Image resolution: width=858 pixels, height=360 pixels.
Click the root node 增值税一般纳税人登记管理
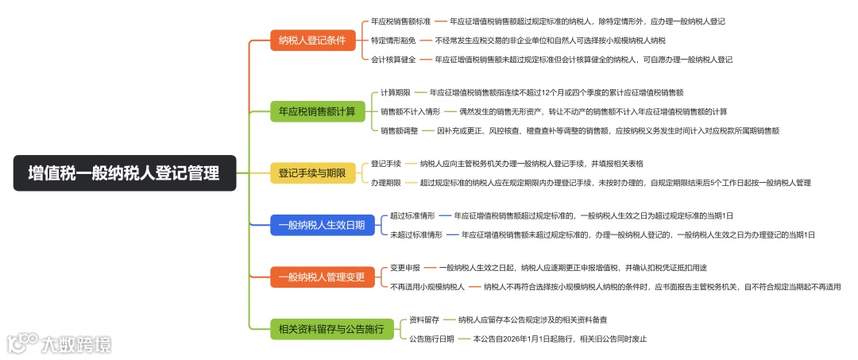point(125,172)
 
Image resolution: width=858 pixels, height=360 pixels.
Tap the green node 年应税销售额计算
point(317,111)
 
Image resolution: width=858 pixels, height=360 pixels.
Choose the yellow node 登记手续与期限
point(312,172)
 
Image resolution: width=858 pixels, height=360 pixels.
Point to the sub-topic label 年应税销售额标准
point(400,21)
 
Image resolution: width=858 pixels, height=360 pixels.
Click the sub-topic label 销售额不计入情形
point(410,111)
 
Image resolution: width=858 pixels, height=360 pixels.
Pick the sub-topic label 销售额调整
point(399,130)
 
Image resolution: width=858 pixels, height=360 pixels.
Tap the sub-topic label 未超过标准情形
point(416,234)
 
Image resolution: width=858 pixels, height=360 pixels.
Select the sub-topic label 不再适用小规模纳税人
point(427,287)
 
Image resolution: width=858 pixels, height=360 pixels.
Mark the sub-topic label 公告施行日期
point(432,339)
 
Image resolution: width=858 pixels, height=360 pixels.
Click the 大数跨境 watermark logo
point(60,344)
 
